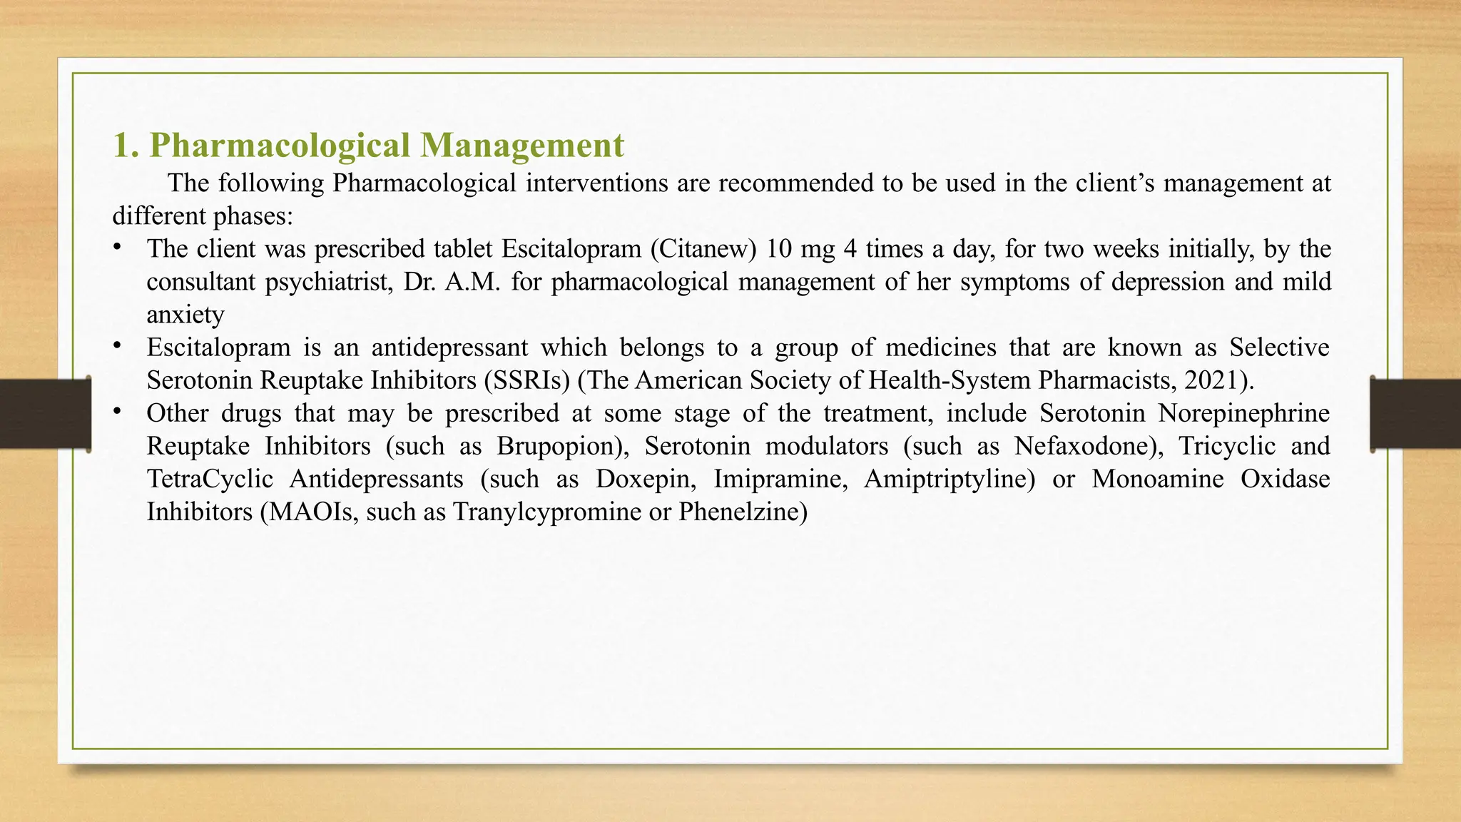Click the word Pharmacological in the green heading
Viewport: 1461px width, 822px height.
[280, 146]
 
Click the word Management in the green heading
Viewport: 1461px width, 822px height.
[521, 146]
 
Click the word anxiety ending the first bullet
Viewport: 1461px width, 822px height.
[185, 315]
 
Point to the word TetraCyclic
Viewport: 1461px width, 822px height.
[210, 479]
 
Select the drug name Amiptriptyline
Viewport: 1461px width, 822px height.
[949, 479]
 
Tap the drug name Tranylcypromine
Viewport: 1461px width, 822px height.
[546, 512]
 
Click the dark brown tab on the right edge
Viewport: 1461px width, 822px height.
[1415, 414]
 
